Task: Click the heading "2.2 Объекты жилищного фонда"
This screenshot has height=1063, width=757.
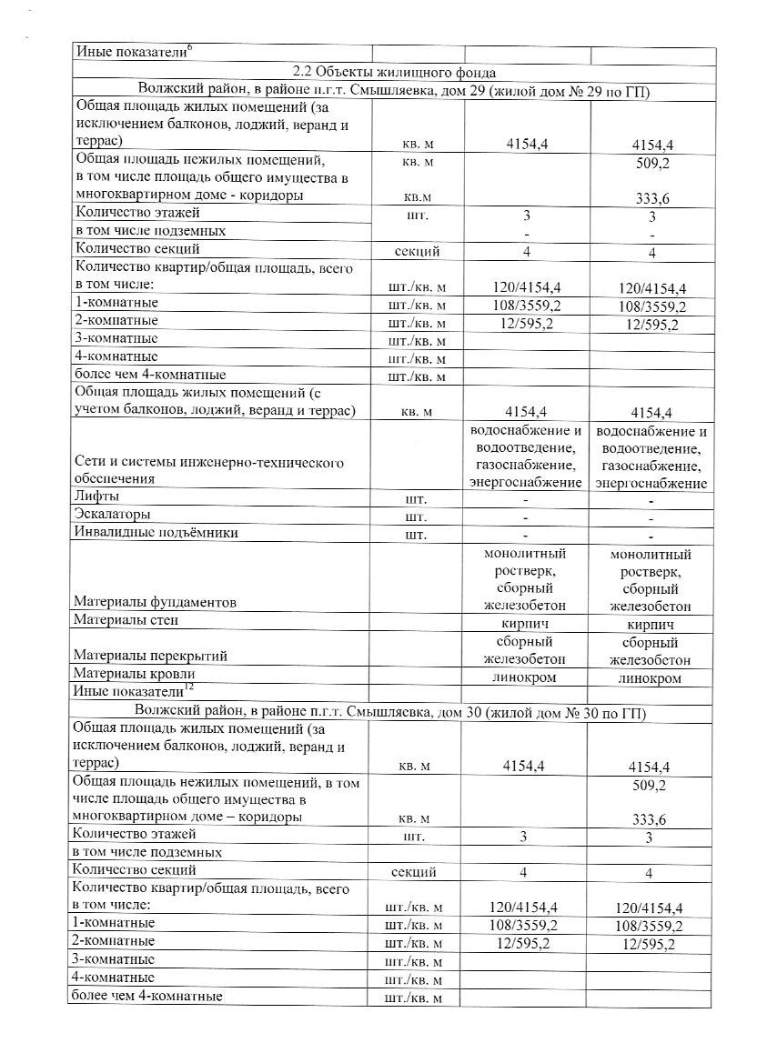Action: coord(393,72)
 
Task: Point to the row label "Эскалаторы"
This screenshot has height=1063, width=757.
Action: coord(112,515)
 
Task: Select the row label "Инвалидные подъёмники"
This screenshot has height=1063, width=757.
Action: coord(156,533)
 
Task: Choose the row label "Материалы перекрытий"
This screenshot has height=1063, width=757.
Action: coord(150,656)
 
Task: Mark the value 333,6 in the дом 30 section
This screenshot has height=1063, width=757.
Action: coord(650,819)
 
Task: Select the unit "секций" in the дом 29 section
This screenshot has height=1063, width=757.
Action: coord(416,250)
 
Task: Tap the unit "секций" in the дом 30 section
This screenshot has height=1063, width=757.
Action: coord(416,872)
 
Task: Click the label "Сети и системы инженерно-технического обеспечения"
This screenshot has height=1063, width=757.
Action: coord(208,470)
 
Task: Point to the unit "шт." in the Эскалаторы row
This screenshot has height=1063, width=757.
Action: coord(416,516)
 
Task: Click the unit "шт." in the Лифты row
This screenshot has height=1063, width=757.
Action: coord(416,498)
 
